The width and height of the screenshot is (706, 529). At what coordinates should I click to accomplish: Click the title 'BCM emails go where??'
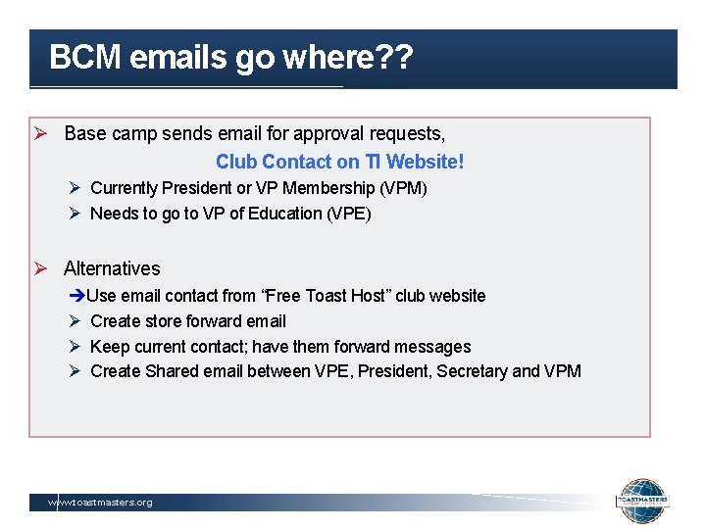point(230,58)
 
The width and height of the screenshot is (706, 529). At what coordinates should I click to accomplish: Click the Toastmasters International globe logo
point(642,503)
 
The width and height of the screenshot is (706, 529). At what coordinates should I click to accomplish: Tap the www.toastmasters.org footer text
point(101,503)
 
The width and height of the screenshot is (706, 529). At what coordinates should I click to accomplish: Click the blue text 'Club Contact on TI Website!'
point(339,162)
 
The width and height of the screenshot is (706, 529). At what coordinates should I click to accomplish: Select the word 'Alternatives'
point(112,268)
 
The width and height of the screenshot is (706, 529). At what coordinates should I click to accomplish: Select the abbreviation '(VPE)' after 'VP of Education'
point(349,214)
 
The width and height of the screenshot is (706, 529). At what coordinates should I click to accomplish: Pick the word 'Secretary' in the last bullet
point(472,371)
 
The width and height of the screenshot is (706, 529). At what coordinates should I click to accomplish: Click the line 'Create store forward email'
point(188,321)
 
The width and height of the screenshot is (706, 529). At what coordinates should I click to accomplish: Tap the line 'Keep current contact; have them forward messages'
point(280,347)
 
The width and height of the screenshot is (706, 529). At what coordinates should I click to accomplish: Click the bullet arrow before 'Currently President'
point(76,188)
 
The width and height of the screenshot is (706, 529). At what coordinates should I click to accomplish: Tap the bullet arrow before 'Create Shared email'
point(76,371)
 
